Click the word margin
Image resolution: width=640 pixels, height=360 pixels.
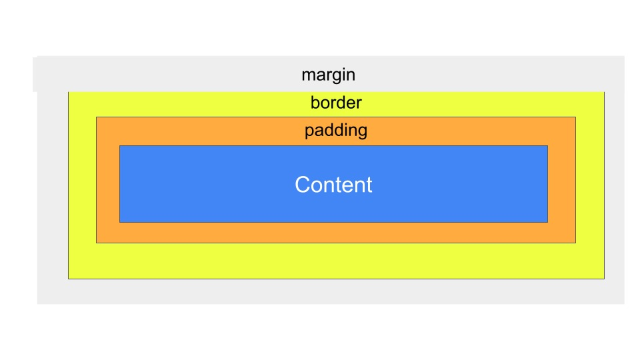click(x=328, y=75)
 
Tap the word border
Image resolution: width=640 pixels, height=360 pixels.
click(x=336, y=103)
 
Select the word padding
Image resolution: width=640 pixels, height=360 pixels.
click(x=336, y=131)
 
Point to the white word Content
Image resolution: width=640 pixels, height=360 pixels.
click(x=333, y=185)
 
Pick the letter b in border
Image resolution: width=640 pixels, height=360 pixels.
click(x=315, y=103)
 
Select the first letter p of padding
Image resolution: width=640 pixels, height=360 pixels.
click(x=309, y=132)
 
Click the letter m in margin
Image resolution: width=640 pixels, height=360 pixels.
click(x=308, y=76)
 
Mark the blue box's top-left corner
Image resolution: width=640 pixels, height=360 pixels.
click(x=119, y=146)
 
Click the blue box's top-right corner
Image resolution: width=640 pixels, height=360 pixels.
click(x=548, y=146)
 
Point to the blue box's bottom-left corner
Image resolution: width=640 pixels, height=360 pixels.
click(x=119, y=223)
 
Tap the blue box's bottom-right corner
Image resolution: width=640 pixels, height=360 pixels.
click(x=548, y=223)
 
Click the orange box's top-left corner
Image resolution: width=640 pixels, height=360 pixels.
click(x=96, y=117)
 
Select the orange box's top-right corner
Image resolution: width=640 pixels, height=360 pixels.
click(x=576, y=117)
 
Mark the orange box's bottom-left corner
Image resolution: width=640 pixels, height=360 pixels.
click(x=96, y=243)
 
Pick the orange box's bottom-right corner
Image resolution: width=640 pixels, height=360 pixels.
click(x=576, y=243)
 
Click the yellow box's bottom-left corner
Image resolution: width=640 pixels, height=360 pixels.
click(x=68, y=279)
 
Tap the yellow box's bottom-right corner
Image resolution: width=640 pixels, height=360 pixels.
click(x=605, y=279)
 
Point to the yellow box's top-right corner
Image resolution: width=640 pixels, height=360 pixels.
click(x=605, y=92)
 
